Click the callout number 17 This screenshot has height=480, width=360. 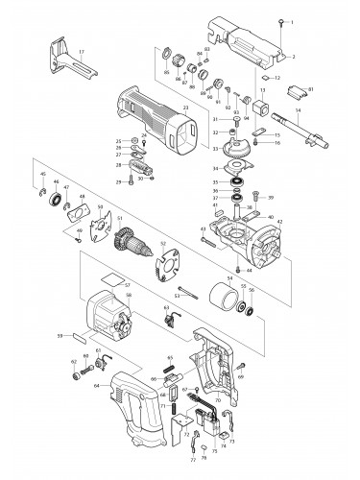coord(82,50)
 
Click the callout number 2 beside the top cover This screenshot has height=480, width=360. coord(293,57)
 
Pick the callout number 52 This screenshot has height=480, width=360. coord(164,244)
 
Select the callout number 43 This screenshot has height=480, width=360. coord(203,228)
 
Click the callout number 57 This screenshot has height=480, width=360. coord(126,285)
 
